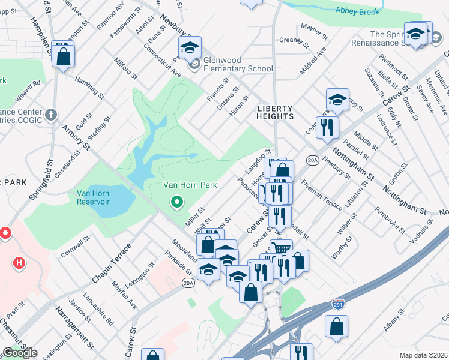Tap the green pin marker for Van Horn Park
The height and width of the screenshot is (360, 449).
(176, 202)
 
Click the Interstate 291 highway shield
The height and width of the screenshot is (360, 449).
(338, 305)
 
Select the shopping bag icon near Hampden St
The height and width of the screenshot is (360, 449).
(63, 56)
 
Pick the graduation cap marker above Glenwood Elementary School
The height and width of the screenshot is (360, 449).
(190, 47)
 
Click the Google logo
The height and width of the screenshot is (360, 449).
(20, 353)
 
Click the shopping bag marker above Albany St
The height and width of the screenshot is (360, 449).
(337, 327)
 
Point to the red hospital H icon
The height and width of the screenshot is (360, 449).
(20, 263)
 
